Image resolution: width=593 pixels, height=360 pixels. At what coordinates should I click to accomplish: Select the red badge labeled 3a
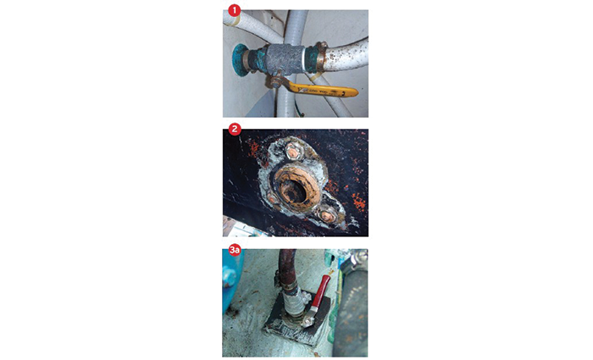(233, 250)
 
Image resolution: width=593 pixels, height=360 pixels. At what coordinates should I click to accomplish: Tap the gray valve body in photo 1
(283, 61)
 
